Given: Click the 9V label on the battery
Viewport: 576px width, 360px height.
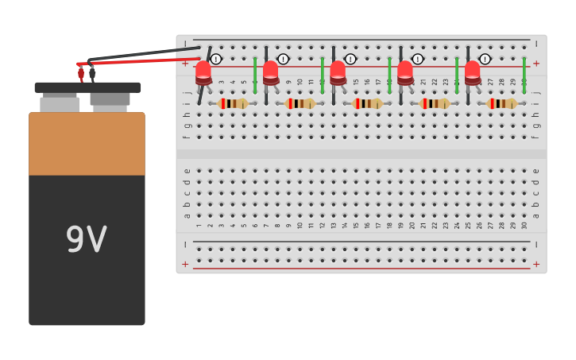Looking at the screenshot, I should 86,239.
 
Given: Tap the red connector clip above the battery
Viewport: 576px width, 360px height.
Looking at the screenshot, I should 81,73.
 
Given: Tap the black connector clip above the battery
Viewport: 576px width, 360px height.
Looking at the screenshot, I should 92,73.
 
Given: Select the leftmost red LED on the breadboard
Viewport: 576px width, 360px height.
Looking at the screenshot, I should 203,72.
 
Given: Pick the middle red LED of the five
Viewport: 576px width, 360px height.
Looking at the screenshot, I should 338,72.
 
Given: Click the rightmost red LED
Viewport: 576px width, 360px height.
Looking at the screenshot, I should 472,72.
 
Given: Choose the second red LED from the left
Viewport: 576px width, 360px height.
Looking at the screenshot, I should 271,72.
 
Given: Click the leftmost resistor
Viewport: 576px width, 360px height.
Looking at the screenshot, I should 233,103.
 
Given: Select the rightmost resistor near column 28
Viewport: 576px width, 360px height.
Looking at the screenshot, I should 501,103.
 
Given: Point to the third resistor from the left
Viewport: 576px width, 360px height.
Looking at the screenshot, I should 367,103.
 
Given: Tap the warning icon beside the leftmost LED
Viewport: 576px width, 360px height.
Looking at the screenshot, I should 216,59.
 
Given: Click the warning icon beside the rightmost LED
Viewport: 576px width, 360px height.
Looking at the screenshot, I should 485,59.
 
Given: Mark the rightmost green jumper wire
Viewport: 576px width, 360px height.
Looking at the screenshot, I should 524,75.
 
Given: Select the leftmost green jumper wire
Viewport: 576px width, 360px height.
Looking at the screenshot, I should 255,75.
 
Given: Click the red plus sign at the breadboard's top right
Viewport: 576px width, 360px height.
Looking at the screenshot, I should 536,64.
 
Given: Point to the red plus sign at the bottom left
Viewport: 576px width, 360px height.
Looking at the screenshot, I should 185,264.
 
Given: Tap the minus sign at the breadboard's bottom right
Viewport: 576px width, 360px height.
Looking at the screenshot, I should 536,245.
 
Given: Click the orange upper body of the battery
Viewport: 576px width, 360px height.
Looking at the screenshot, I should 87,143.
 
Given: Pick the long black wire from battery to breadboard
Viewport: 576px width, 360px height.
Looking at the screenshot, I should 143,54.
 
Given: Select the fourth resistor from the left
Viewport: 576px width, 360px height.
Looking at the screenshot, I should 435,103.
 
